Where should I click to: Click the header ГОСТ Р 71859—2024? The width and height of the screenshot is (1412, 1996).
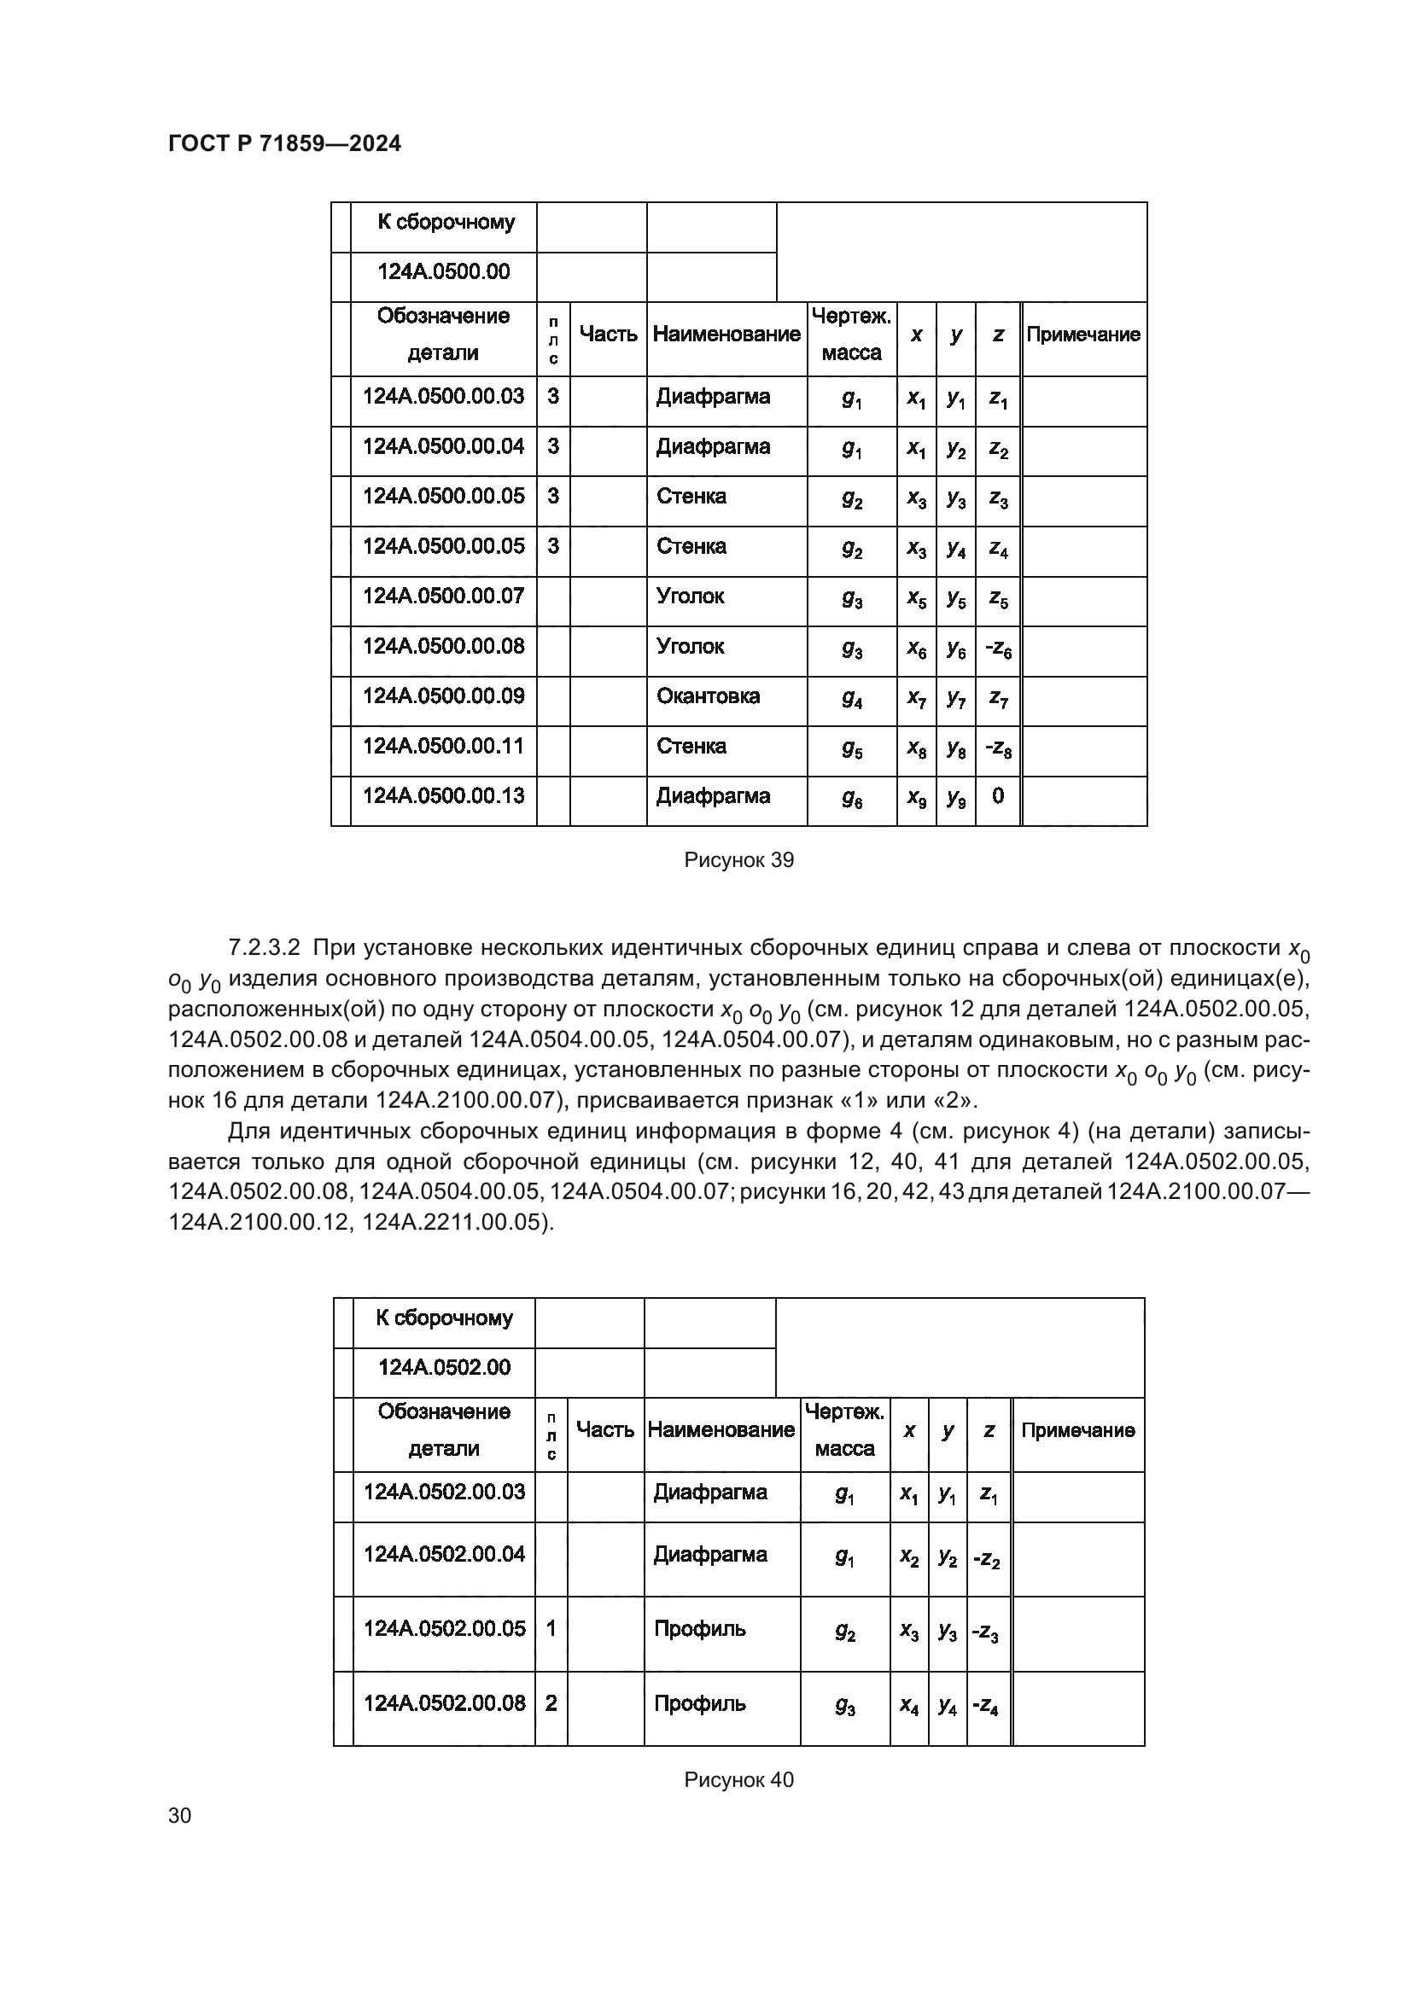point(284,144)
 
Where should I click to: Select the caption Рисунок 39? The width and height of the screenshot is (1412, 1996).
point(739,861)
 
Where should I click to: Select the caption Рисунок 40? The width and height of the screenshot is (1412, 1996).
point(739,1779)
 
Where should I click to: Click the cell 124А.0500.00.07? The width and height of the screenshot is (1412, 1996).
point(443,596)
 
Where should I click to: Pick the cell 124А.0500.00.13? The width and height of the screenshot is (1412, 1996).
point(443,795)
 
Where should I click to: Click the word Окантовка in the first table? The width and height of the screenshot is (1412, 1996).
point(708,695)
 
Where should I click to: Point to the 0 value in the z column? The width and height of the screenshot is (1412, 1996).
point(997,795)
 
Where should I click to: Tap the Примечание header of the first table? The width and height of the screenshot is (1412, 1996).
point(1083,335)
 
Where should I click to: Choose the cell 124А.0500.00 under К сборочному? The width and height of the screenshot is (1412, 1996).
point(443,272)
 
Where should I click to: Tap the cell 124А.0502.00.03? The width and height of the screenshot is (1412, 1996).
point(444,1492)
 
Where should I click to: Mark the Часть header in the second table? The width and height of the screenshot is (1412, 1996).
point(605,1429)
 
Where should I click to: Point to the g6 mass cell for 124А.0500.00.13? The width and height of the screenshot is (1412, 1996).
point(852,798)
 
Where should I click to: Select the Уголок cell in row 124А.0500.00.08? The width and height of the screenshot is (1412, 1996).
point(691,646)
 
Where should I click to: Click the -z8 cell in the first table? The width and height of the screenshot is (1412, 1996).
point(997,748)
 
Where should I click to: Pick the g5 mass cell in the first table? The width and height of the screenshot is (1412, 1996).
point(852,748)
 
